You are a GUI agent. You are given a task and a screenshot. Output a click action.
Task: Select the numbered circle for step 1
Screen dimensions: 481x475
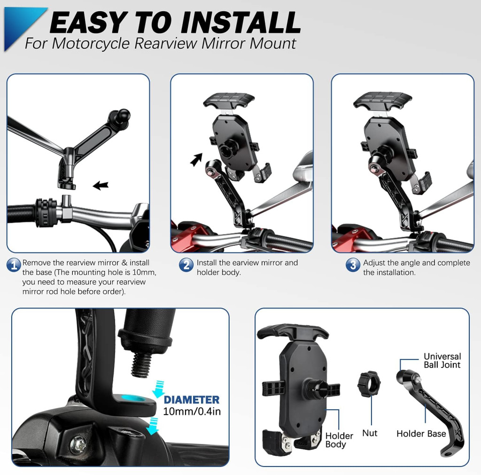coord(14,265)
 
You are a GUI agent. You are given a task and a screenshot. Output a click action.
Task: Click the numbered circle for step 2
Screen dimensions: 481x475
coord(186,265)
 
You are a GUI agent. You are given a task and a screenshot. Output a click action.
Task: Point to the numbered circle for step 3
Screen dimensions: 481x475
coord(353,265)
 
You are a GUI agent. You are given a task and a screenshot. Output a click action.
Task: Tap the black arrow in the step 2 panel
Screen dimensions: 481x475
coord(196,160)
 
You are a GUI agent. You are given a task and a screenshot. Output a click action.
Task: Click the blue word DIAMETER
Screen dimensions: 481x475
coord(192,399)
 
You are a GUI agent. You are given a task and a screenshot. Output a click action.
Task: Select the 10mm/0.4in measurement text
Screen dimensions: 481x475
coord(192,411)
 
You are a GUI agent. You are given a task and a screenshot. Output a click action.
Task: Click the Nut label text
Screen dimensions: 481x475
coord(370,433)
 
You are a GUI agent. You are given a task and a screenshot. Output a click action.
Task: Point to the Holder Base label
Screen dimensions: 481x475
coord(421,434)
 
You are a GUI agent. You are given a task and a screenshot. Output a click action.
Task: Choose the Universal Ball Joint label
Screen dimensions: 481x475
coord(442,360)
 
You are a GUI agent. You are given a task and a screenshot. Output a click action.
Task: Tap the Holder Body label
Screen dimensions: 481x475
coord(339,440)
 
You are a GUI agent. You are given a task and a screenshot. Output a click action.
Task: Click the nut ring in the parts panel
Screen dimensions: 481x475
coord(369,384)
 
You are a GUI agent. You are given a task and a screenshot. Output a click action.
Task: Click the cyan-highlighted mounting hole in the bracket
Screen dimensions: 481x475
coord(133,398)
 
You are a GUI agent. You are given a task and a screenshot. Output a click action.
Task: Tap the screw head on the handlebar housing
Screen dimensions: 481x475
coord(78,445)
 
